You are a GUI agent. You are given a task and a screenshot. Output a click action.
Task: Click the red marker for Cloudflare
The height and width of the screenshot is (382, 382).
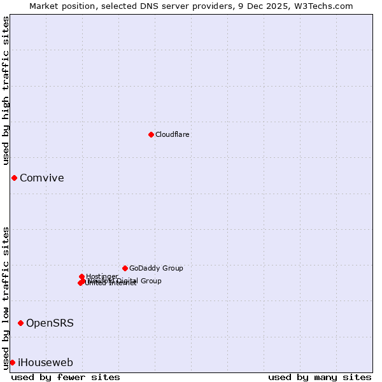coord(151,134)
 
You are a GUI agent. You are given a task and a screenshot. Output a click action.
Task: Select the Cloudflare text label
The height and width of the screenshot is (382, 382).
coord(172,134)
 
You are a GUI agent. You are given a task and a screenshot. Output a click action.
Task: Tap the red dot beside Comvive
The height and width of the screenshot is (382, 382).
coord(14,178)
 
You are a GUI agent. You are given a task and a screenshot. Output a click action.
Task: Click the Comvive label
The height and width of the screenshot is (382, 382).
coord(41,178)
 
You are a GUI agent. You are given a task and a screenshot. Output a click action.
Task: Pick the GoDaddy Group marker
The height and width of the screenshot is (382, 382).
coord(125,268)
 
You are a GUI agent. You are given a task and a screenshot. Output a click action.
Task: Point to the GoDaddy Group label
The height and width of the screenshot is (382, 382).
coord(156,268)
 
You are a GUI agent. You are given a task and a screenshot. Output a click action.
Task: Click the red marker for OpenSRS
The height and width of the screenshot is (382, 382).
coord(20,323)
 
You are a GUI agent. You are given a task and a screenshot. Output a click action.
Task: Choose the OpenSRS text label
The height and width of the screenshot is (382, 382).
coord(50,323)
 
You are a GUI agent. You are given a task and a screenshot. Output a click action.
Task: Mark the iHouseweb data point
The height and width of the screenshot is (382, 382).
coord(12,362)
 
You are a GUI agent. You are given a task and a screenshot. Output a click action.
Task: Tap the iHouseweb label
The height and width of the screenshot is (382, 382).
coord(45,362)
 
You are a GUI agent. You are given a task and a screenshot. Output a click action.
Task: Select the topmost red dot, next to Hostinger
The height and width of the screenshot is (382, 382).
coord(81,276)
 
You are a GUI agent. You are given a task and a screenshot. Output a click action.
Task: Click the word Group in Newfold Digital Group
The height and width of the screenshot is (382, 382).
coord(150,281)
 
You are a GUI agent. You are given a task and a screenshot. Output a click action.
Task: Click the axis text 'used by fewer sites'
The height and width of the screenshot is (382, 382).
coord(66,378)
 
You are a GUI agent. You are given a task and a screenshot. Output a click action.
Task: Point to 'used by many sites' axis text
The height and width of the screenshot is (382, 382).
coord(320,378)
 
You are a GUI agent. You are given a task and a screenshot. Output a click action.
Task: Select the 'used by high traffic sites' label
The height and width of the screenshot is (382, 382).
coord(6,90)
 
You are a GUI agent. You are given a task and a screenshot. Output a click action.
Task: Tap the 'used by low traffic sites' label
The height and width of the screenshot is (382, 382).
coord(6,297)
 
